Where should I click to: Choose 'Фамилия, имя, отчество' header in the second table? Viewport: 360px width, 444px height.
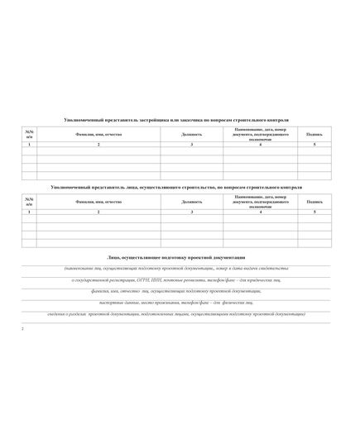pyautogui.click(x=98, y=202)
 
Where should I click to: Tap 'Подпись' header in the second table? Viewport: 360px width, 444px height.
pyautogui.click(x=314, y=202)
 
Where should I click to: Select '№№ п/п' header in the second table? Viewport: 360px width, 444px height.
pyautogui.click(x=29, y=202)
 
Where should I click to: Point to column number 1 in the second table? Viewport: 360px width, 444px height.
pyautogui.click(x=29, y=213)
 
